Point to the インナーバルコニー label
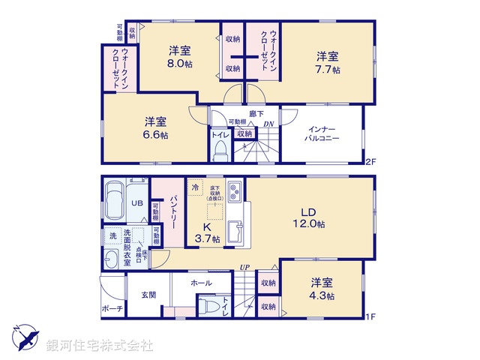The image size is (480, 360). pos(322,133)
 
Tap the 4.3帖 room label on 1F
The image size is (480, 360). pos(323,289)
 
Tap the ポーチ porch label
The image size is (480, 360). pos(111,308)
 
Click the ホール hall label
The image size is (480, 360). pos(201,283)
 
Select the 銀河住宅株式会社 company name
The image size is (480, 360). pos(100,345)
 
